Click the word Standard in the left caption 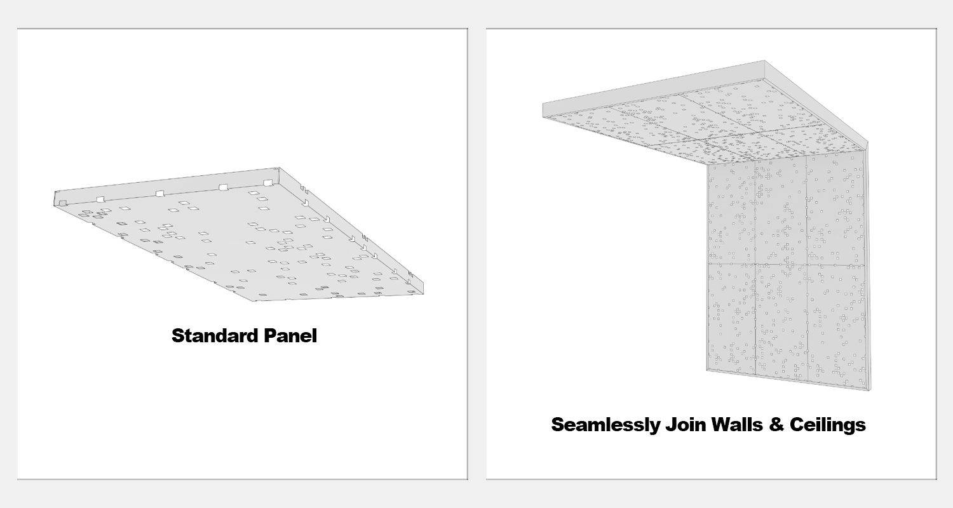click(215, 336)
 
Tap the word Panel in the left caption click(290, 336)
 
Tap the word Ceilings click(827, 425)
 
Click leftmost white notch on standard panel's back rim click(62, 204)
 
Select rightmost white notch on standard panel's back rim click(267, 184)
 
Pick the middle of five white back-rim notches click(159, 194)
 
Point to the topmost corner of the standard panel click(279, 168)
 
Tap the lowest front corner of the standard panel click(255, 301)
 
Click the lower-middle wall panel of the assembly click(781, 321)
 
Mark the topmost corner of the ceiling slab click(764, 60)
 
